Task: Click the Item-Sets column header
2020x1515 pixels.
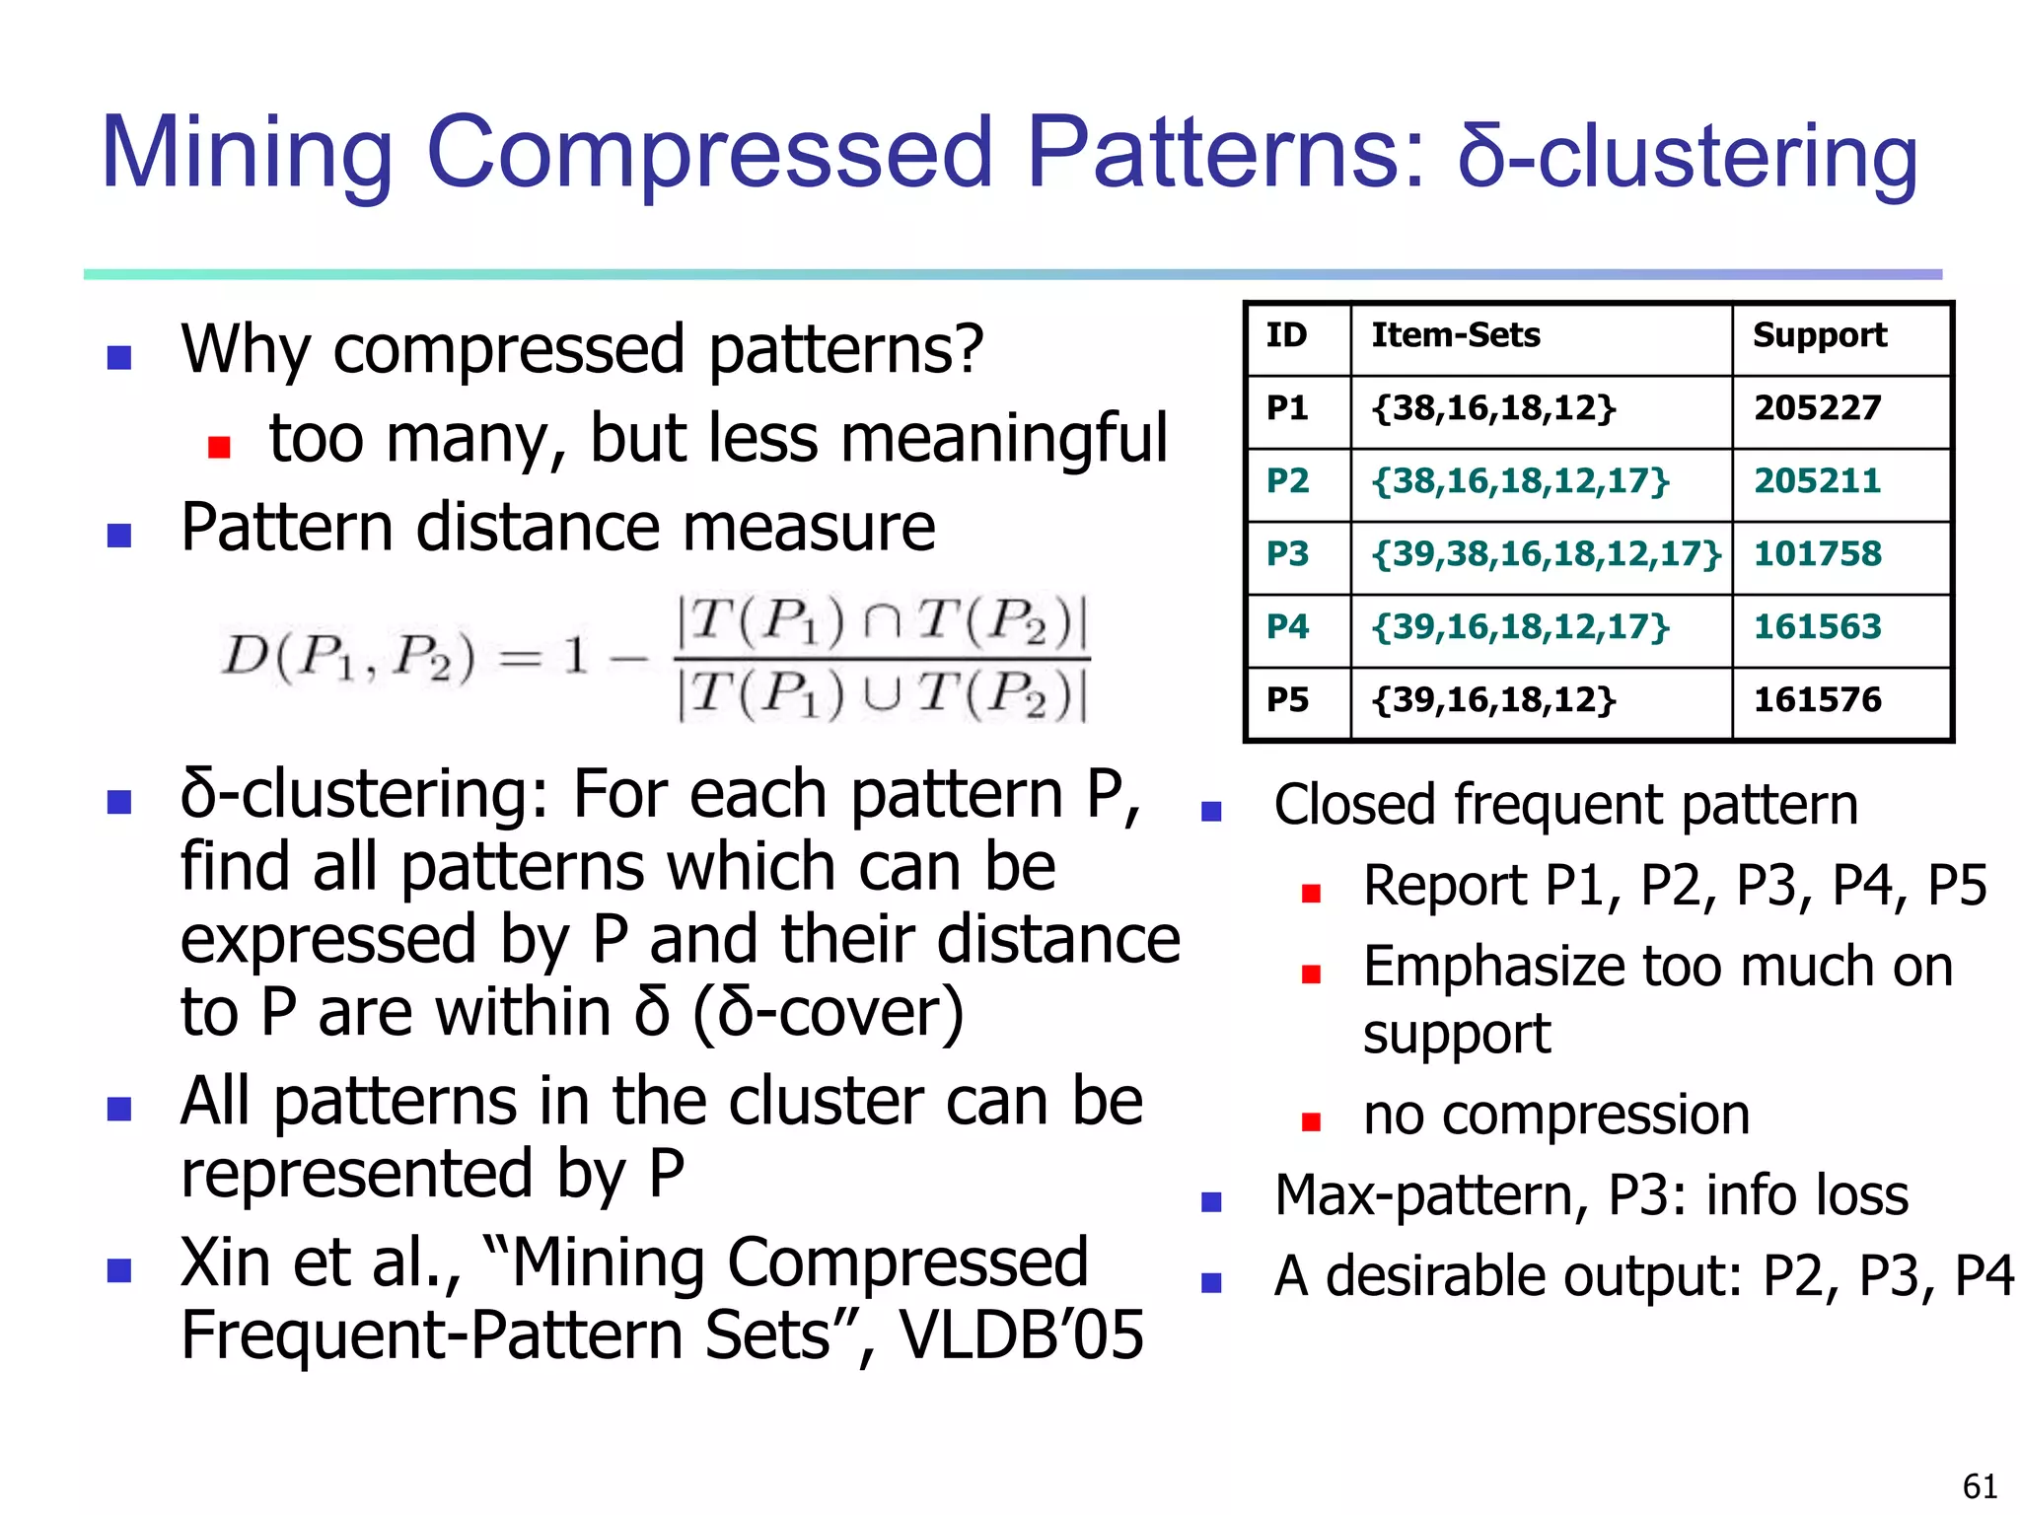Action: (x=1455, y=335)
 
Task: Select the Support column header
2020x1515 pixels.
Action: (x=1819, y=335)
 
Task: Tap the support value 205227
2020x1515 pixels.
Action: (x=1817, y=408)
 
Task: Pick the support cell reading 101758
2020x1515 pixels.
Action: (x=1817, y=554)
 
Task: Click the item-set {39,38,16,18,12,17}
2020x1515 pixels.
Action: (x=1545, y=554)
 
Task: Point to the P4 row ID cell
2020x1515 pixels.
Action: (x=1287, y=627)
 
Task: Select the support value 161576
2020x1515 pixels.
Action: (x=1817, y=700)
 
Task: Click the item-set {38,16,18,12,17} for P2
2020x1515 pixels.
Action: (x=1520, y=481)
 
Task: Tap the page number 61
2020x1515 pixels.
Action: (x=1980, y=1485)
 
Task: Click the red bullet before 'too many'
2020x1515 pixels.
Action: (x=219, y=448)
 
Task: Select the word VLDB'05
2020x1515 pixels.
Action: (x=1021, y=1335)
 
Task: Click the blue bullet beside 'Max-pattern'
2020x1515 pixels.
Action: (x=1211, y=1201)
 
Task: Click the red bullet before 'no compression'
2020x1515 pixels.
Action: (x=1311, y=1121)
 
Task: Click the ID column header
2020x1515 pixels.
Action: (x=1286, y=335)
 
